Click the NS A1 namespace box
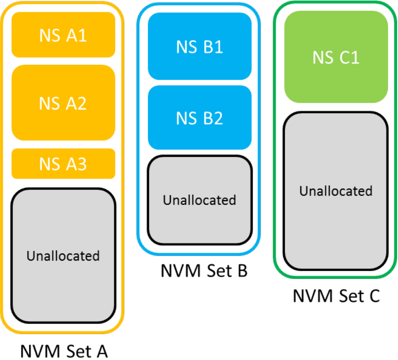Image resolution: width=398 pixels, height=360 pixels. (63, 35)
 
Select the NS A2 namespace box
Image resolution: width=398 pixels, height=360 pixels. (63, 103)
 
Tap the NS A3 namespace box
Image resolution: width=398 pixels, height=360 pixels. (63, 163)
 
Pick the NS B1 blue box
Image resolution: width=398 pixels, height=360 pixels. (200, 46)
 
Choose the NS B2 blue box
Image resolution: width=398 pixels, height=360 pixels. (200, 118)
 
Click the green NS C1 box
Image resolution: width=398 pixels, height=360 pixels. (336, 57)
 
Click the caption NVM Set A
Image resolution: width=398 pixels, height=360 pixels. (64, 351)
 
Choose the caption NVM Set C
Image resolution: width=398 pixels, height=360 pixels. (336, 296)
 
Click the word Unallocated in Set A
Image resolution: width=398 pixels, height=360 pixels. (63, 256)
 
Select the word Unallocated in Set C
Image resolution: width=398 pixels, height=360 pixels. (336, 191)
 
